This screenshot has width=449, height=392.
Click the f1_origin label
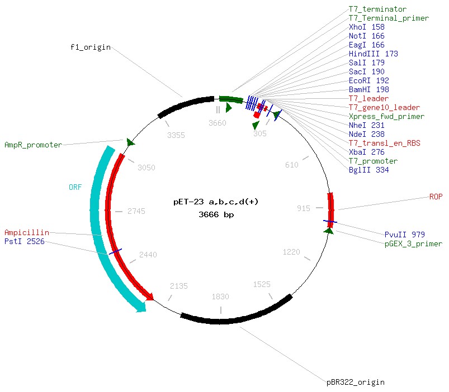pos(91,47)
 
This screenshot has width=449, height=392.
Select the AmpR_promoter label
pos(33,145)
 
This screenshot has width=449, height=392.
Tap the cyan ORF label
pos(75,187)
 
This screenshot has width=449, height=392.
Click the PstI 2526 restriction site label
pos(24,241)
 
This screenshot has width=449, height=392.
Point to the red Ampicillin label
pos(27,232)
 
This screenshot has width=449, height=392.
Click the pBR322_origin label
pos(356,383)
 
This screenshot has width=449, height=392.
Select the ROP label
pos(436,197)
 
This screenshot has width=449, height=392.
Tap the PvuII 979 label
pos(405,235)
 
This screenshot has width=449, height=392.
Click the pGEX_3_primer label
pos(413,243)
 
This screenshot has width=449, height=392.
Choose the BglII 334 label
pos(368,170)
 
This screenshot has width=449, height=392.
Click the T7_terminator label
pos(377,9)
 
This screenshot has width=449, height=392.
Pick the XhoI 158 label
pos(366,27)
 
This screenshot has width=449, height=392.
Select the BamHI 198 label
pos(368,89)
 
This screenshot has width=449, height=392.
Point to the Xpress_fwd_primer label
pos(381,116)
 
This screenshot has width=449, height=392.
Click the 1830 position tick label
pos(221,297)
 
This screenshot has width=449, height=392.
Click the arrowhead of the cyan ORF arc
pos(140,307)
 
